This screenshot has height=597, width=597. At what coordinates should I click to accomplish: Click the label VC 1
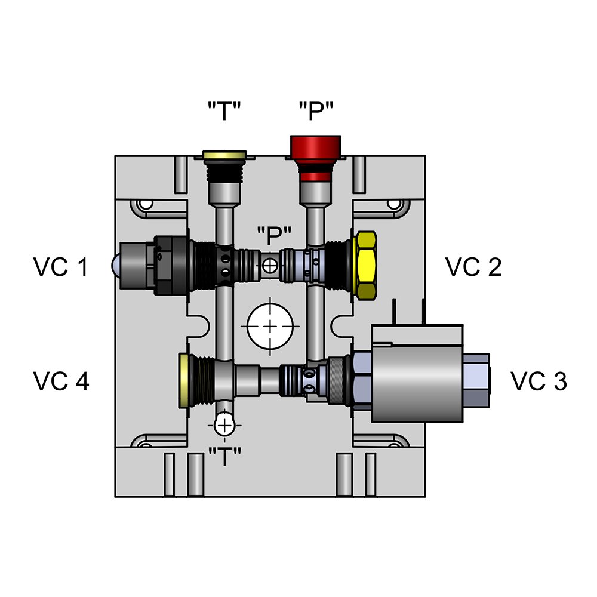(x=61, y=267)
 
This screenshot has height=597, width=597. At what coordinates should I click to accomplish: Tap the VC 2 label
(x=474, y=267)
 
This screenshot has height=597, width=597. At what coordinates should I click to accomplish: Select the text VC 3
(x=538, y=381)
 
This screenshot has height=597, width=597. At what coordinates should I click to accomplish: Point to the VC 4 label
(x=61, y=381)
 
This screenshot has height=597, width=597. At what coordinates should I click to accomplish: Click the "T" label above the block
(x=224, y=112)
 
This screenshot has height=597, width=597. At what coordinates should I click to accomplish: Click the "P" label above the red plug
(x=316, y=112)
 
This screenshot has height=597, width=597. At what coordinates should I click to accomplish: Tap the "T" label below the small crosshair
(x=224, y=457)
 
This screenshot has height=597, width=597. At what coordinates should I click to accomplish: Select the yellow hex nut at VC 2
(x=365, y=266)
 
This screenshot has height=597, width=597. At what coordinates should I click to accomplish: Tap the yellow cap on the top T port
(x=224, y=156)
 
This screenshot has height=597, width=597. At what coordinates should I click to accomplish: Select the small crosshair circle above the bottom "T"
(x=224, y=425)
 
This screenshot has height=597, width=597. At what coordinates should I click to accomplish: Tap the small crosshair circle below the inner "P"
(x=271, y=266)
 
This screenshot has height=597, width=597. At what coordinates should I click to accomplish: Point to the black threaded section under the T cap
(x=224, y=173)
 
